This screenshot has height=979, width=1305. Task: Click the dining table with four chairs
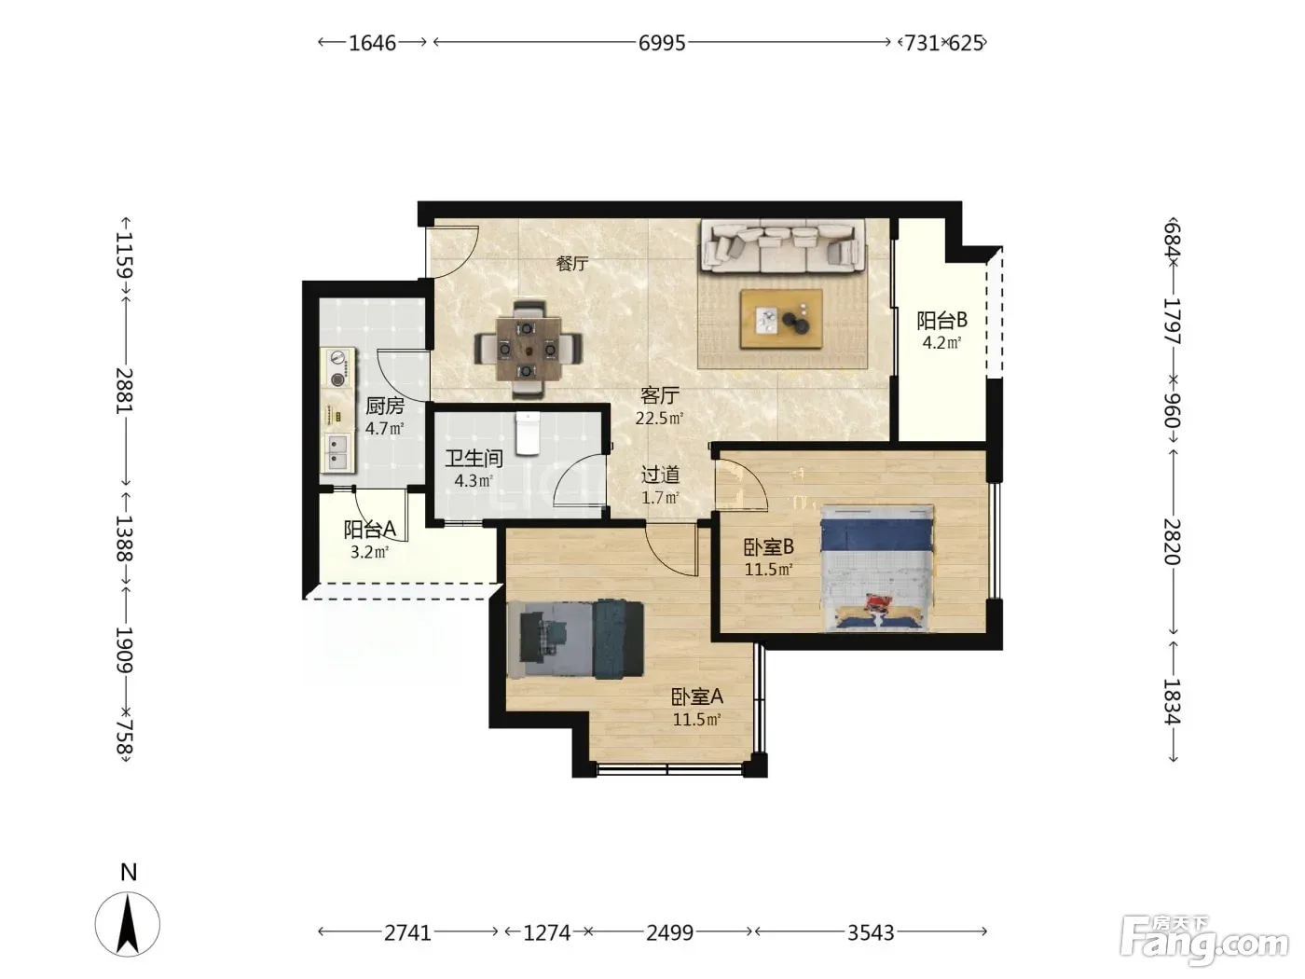528,349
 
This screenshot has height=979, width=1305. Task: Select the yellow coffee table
781,319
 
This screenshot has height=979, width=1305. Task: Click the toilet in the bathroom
528,434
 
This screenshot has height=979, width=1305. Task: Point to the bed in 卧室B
876,567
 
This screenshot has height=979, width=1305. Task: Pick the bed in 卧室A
575,640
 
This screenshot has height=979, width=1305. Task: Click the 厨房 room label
385,406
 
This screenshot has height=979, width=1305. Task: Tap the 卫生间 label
474,459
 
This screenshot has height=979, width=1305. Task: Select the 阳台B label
941,321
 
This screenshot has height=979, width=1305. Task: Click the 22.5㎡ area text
659,419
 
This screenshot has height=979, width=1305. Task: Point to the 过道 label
661,475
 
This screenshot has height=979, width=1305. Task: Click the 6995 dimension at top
662,43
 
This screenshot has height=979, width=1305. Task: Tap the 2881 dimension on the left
124,391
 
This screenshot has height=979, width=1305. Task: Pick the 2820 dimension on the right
1172,541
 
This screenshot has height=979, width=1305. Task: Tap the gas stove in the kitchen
337,367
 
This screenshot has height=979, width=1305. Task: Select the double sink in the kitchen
337,452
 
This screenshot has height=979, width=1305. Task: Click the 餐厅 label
572,263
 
